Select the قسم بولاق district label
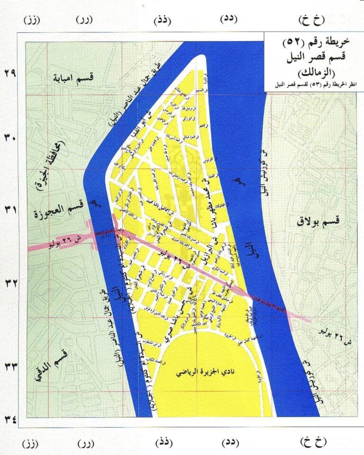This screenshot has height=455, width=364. click(x=319, y=219)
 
